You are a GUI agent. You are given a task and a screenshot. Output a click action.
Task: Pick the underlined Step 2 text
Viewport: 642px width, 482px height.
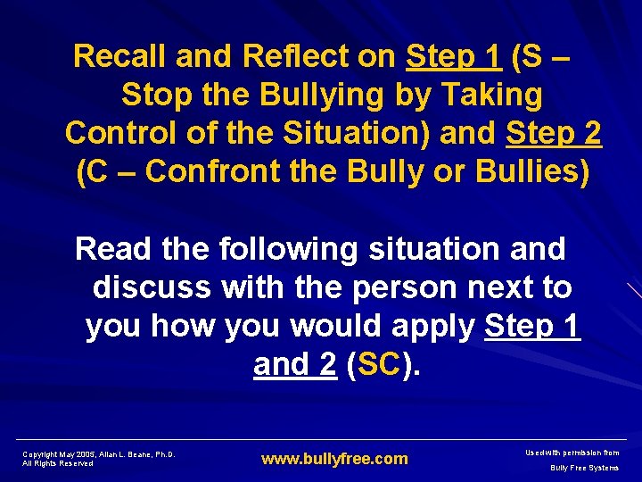[x=554, y=133]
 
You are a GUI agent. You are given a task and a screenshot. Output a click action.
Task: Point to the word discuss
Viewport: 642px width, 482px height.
[x=152, y=287]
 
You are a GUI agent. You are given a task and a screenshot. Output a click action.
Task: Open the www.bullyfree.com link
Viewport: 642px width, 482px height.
[x=334, y=459]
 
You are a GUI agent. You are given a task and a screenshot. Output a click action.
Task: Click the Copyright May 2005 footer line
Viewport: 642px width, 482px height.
[x=98, y=453]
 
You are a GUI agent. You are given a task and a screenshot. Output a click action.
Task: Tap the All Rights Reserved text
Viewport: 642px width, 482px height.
[x=58, y=463]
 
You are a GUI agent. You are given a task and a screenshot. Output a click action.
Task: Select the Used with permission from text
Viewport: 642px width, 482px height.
[x=573, y=453]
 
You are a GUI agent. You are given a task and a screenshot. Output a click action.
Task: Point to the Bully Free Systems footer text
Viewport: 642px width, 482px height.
[x=584, y=468]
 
